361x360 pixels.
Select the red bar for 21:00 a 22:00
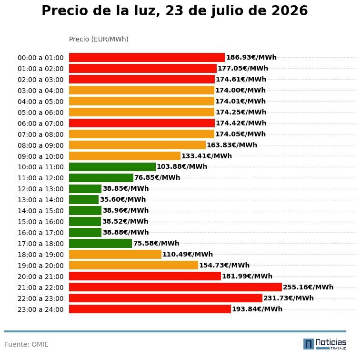tap(175, 287)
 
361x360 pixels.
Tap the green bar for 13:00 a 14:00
tap(84, 200)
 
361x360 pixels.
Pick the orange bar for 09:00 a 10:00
tap(125, 156)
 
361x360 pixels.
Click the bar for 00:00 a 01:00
tap(147, 57)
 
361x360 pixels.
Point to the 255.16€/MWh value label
tap(308, 287)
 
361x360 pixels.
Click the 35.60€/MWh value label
tap(123, 199)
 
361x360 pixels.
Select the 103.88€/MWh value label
tap(182, 166)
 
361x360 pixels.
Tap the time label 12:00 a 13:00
tap(40, 189)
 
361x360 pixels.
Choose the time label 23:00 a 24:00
tap(40, 309)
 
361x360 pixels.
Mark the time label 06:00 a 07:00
tap(40, 123)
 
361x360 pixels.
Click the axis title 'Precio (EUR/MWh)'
tap(99, 39)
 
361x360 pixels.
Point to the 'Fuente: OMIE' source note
tap(27, 344)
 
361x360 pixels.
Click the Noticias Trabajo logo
tap(325, 344)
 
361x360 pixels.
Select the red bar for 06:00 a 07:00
tap(142, 123)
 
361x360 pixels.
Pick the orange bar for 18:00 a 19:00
tap(115, 255)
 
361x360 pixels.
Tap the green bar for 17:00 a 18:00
tap(100, 243)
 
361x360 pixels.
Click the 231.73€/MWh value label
tap(289, 298)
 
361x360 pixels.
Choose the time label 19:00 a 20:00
tap(40, 266)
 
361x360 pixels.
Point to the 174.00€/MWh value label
tap(241, 90)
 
